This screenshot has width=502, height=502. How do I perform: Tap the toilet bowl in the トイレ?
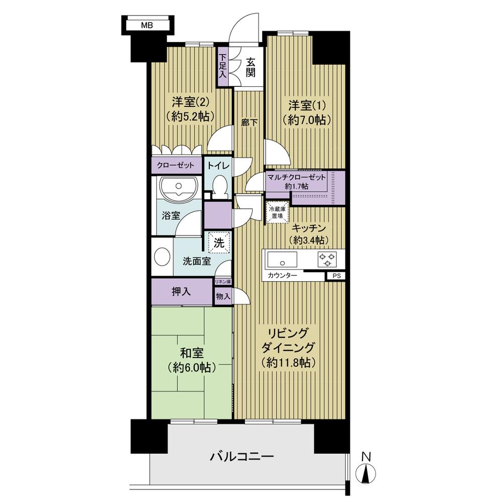219,187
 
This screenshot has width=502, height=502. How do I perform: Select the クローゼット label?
176,165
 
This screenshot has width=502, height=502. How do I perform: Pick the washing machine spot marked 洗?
219,241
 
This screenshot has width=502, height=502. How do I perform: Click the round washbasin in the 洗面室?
161,258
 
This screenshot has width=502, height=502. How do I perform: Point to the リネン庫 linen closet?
223,283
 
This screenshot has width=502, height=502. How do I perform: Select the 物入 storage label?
223,297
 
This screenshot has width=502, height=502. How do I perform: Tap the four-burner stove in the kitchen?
327,260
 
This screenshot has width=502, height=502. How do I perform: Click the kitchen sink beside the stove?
282,261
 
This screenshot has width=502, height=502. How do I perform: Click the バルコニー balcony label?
241,457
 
